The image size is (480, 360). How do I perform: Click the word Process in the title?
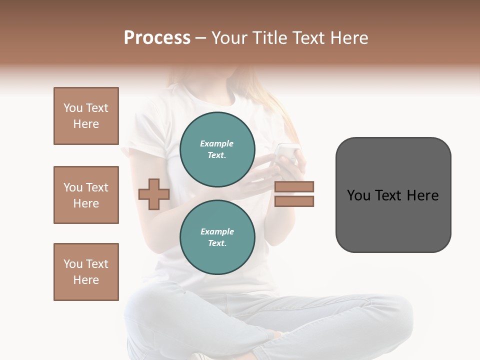(157, 37)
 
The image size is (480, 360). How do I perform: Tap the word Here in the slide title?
(349, 37)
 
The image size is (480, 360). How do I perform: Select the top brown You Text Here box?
(86, 116)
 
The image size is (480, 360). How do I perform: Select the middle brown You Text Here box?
(86, 195)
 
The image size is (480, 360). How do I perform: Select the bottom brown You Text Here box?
(86, 272)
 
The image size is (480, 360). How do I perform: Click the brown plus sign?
(154, 194)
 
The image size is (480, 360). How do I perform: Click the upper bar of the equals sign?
(294, 186)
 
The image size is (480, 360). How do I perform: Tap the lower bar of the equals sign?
(294, 201)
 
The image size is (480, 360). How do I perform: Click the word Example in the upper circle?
(217, 143)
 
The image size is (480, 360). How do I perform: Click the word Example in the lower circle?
(217, 231)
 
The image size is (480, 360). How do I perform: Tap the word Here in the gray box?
(423, 195)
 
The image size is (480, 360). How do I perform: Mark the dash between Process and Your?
(201, 38)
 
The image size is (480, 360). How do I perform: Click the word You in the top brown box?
(72, 108)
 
